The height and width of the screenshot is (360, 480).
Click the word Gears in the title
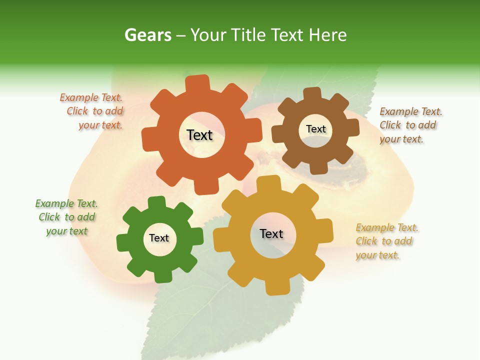click(x=147, y=35)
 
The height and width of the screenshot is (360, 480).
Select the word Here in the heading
click(x=327, y=35)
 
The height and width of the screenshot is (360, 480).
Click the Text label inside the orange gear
click(x=199, y=135)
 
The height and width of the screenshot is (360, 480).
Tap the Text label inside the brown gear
click(x=315, y=129)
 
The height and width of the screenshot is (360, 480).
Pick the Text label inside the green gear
click(x=159, y=238)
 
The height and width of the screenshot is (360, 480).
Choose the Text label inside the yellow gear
click(x=271, y=233)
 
